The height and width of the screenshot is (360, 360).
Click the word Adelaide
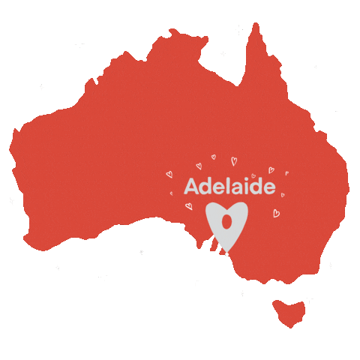point(229,186)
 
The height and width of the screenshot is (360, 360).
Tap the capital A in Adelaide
point(191,186)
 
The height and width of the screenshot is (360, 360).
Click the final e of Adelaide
point(268,187)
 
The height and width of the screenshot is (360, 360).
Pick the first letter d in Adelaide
point(205,186)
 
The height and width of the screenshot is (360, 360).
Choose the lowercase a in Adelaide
point(236,187)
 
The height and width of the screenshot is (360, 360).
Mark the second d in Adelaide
point(256,186)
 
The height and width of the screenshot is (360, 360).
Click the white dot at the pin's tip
point(226,253)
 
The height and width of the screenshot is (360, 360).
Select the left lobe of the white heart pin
point(216,213)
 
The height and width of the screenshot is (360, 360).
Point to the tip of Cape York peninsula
point(256,27)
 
